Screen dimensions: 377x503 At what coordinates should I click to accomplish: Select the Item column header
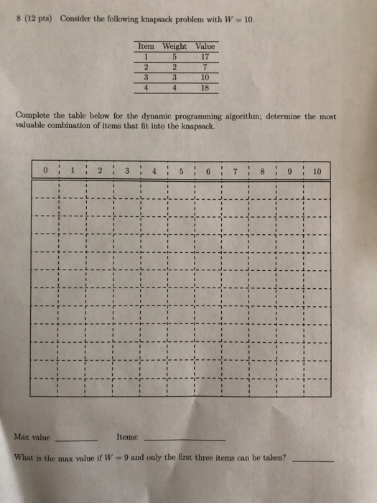coord(146,47)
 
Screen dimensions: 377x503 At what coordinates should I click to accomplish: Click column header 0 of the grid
coord(45,171)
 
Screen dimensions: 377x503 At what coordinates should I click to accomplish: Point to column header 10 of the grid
coord(317,171)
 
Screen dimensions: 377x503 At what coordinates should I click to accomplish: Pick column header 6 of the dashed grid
coord(209,171)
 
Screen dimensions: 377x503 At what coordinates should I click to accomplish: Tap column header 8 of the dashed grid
coord(264,171)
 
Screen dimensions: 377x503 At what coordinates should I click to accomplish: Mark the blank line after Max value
coord(76,439)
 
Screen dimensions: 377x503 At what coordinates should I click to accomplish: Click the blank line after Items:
coord(185,439)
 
